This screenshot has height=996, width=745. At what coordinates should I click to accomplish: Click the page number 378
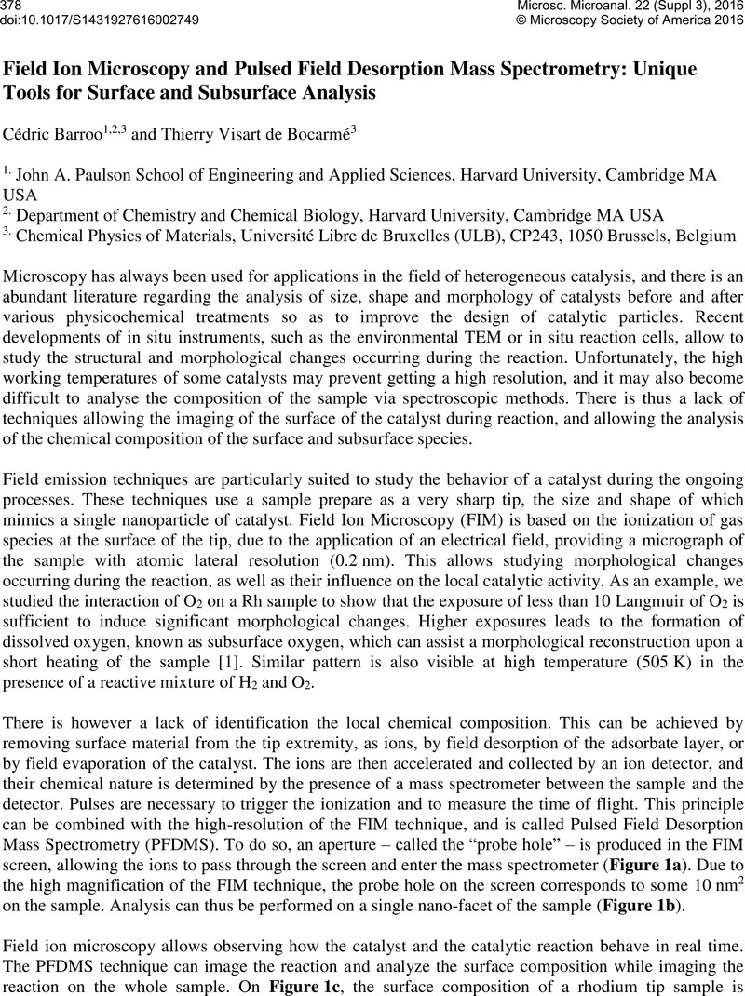tap(12, 7)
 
